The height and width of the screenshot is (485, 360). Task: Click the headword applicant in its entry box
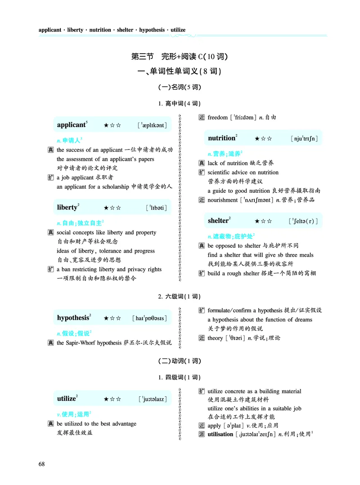tap(71, 125)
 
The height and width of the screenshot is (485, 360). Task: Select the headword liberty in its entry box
tap(67, 208)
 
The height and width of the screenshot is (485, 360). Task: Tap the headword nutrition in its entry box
tap(221, 138)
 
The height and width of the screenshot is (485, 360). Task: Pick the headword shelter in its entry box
tap(218, 221)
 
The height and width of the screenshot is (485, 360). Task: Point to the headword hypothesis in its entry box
tap(73, 318)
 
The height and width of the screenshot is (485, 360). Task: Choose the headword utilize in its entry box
tap(67, 399)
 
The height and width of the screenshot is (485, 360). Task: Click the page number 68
tap(43, 464)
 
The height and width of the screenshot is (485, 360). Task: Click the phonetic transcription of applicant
tap(154, 125)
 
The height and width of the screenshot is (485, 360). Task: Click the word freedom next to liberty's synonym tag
tap(218, 118)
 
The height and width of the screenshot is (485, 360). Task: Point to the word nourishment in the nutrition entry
tap(222, 200)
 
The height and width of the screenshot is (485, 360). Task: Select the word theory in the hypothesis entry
tap(215, 338)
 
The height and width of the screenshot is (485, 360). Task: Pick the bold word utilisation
tap(220, 434)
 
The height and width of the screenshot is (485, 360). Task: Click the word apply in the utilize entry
tap(214, 425)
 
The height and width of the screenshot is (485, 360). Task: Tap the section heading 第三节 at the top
tap(142, 57)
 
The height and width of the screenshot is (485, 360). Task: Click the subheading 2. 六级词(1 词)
tap(180, 297)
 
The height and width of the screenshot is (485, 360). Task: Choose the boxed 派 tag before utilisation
tap(202, 434)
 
